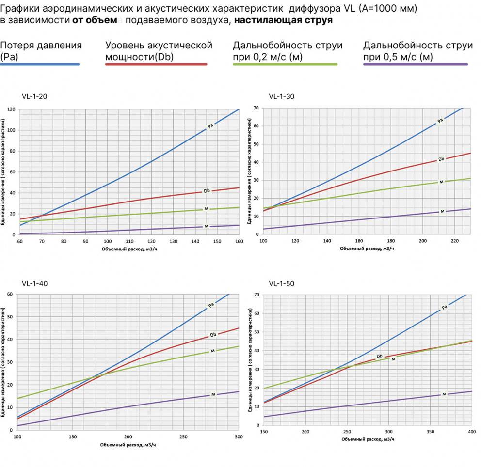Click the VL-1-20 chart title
pos(34,96)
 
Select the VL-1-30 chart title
pos(281,96)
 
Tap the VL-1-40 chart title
pos(34,283)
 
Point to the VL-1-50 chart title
pos(281,283)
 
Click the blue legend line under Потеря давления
pos(40,64)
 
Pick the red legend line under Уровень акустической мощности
pos(156,64)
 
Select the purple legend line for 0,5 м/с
pos(416,64)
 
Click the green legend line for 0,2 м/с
pos(285,64)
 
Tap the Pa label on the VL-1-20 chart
pos(210,126)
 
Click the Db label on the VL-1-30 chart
pos(441,159)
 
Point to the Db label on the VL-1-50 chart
pos(380,356)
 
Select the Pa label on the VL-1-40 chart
pos(211,305)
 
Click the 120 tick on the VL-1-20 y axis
pos(11,109)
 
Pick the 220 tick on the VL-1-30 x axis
pos(454,241)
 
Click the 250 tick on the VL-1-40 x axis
pos(184,436)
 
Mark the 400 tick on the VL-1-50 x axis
pos(470,431)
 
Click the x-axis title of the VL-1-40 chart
pos(128,444)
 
